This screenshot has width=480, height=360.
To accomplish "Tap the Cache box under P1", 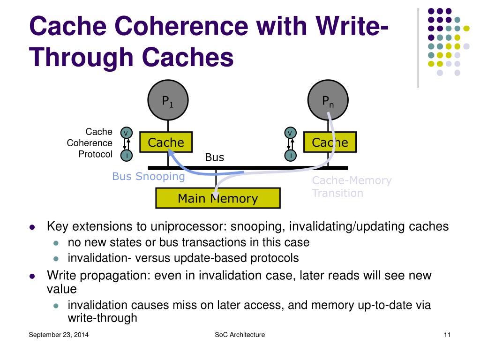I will point(166,142).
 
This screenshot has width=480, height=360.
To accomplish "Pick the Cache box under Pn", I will point(330,142).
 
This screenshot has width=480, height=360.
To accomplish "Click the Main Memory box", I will point(217,198).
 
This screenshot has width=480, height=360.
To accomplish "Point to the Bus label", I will point(215,157).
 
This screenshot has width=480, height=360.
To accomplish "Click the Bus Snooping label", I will point(149,177).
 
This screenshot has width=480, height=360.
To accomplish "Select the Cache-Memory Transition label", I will point(352,187).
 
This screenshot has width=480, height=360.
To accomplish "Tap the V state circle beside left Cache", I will point(126,133).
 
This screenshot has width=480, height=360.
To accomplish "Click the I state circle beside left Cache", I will point(126,155).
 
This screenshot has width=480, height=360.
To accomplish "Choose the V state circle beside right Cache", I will point(291,133).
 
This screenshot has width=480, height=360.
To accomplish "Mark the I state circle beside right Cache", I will point(291,155).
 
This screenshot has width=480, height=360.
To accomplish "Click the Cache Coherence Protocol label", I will point(90,143).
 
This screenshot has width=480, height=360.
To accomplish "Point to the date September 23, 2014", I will point(59,335).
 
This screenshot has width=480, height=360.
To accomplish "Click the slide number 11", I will point(447,335).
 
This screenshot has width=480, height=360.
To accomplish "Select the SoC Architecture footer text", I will point(240,335).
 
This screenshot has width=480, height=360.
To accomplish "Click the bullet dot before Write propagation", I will point(32,276).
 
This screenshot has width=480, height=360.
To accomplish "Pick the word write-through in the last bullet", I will point(102,318).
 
